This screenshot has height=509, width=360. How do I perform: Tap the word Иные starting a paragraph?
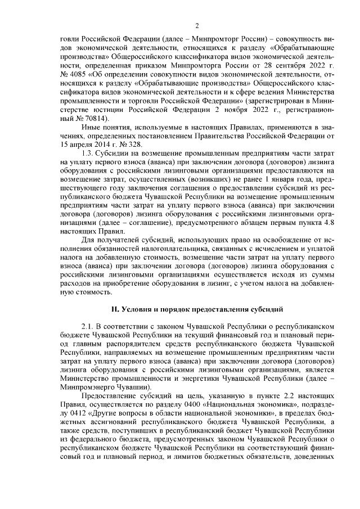click(x=92, y=129)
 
